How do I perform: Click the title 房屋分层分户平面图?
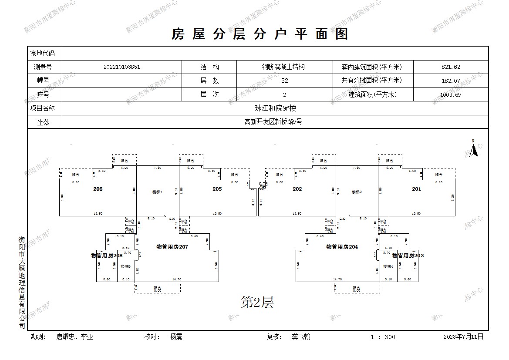pyautogui.click(x=260, y=34)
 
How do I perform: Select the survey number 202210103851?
pyautogui.click(x=122, y=67)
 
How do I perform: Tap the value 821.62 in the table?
pyautogui.click(x=451, y=67)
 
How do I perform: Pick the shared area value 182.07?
pyautogui.click(x=451, y=81)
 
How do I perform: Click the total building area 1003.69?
pyautogui.click(x=451, y=94)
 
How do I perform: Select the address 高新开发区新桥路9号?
pyautogui.click(x=273, y=122)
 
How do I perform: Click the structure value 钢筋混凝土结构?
pyautogui.click(x=283, y=67)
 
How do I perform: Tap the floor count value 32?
pyautogui.click(x=285, y=81)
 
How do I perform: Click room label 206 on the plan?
pyautogui.click(x=98, y=189)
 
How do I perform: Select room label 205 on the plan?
pyautogui.click(x=217, y=189)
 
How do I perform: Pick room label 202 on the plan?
pyautogui.click(x=297, y=189)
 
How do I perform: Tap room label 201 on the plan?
pyautogui.click(x=417, y=189)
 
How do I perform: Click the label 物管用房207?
pyautogui.click(x=172, y=247)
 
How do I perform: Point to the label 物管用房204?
pyautogui.click(x=342, y=247)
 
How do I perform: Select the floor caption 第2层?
pyautogui.click(x=257, y=302)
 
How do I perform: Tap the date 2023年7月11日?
pyautogui.click(x=463, y=336)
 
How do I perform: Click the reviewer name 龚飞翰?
pyautogui.click(x=301, y=336)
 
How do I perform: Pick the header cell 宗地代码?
pyautogui.click(x=42, y=54)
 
